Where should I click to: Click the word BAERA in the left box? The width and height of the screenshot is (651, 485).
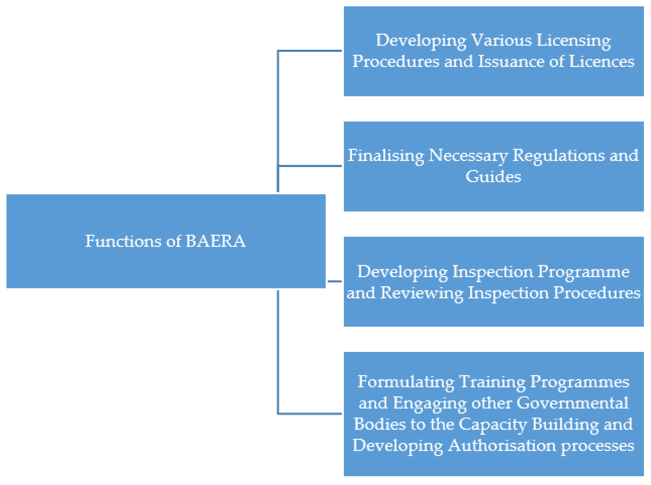coord(216,241)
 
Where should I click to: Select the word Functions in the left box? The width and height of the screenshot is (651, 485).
coord(123,241)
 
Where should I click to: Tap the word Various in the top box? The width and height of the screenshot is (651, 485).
coord(501,40)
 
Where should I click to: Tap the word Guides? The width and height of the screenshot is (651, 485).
coord(493,176)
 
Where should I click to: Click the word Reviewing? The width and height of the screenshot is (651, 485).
coord(421,293)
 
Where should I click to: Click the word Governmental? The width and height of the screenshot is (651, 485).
coord(572,403)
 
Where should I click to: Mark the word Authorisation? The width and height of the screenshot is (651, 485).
coord(502,445)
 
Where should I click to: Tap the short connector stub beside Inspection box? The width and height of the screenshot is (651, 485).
coord(335,281)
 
